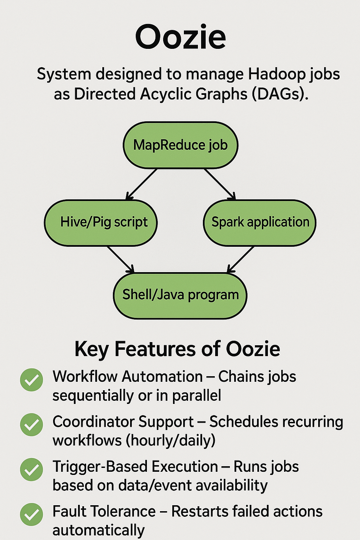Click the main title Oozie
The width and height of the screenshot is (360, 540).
(180, 37)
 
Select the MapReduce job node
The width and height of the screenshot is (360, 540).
(180, 145)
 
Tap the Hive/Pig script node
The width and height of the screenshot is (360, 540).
(101, 223)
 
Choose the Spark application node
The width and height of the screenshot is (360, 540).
(260, 223)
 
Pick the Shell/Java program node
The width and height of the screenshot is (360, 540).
(180, 295)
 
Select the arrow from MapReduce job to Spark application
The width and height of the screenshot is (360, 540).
(220, 184)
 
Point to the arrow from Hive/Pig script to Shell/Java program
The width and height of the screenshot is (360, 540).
(121, 259)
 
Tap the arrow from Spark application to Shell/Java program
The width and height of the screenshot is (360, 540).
(240, 259)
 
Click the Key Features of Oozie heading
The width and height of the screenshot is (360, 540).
(177, 349)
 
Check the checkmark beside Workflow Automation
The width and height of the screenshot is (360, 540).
(32, 380)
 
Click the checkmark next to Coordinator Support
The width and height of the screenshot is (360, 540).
(32, 425)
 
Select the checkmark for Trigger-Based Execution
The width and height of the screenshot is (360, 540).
(32, 470)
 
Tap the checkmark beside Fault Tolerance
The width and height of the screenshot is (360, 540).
(32, 515)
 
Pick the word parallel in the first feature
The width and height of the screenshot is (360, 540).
(197, 396)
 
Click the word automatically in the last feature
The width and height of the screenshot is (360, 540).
(98, 530)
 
